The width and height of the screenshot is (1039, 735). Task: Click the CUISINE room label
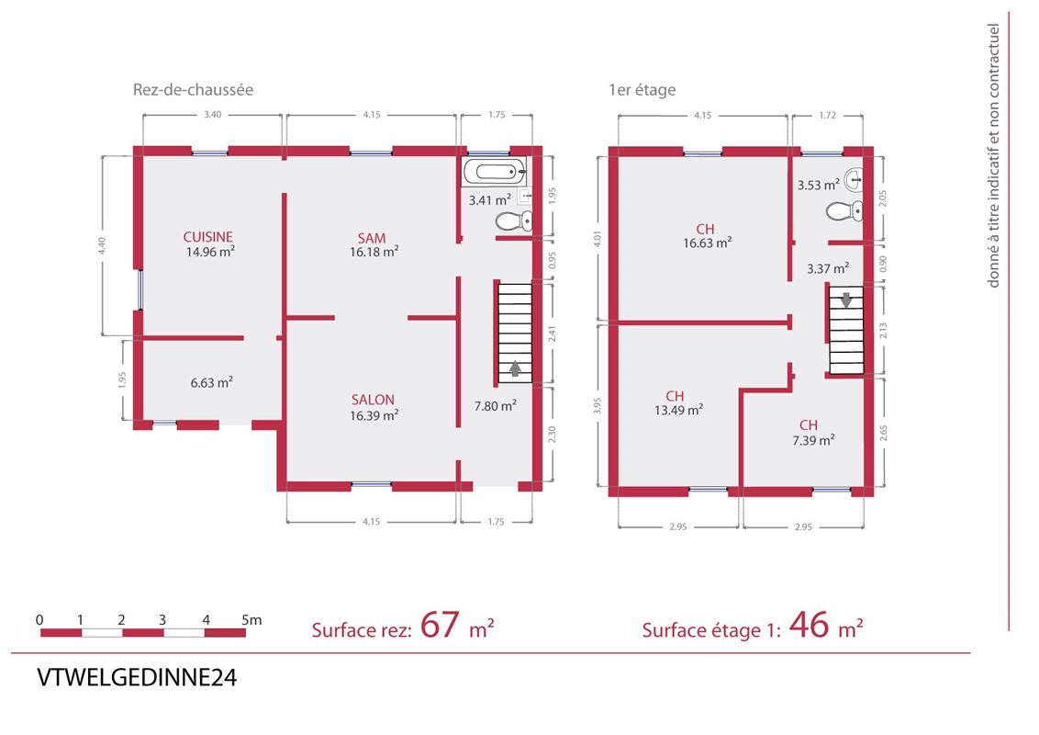coord(208,237)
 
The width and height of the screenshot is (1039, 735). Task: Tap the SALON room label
coord(373,400)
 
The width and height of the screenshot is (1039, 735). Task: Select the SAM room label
coord(372,238)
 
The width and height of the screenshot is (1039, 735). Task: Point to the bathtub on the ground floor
coord(495,172)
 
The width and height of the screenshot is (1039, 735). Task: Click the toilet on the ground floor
coord(514,220)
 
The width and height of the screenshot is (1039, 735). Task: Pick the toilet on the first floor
coord(844,211)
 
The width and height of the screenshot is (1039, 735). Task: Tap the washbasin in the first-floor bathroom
coord(855,178)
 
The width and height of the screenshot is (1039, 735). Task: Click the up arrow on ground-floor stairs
coord(515,368)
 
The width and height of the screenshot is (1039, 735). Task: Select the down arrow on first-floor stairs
coord(846,300)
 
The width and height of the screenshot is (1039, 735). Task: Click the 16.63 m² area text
coord(708,243)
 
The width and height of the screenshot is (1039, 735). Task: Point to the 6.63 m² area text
coord(211,383)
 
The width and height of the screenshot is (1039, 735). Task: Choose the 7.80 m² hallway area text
coord(495,405)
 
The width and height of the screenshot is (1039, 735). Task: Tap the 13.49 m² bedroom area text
coord(678,410)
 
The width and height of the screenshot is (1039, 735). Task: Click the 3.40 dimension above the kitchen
coord(213,115)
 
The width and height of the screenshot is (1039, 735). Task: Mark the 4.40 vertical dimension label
coord(101,245)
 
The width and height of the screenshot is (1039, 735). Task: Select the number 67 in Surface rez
coord(440,625)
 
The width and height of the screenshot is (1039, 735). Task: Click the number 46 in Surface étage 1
coord(809,625)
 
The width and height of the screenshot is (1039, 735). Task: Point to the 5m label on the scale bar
coord(251,620)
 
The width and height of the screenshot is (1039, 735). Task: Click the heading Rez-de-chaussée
coord(193,89)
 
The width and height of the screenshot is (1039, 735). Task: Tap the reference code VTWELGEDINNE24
coord(137,678)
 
